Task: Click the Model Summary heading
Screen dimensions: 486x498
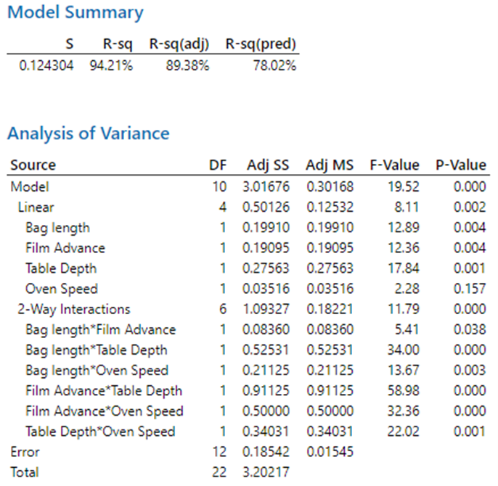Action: (75, 13)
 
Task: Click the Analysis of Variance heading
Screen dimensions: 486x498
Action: (88, 133)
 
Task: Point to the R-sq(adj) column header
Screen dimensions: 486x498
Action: (179, 44)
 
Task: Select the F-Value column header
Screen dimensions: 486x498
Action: (394, 165)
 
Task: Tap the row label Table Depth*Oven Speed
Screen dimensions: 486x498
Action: (100, 432)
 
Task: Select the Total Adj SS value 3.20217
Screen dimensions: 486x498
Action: (269, 472)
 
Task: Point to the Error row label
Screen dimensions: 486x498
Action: (25, 452)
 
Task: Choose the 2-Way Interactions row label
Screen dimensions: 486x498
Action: (74, 309)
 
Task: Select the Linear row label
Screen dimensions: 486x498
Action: (36, 207)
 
